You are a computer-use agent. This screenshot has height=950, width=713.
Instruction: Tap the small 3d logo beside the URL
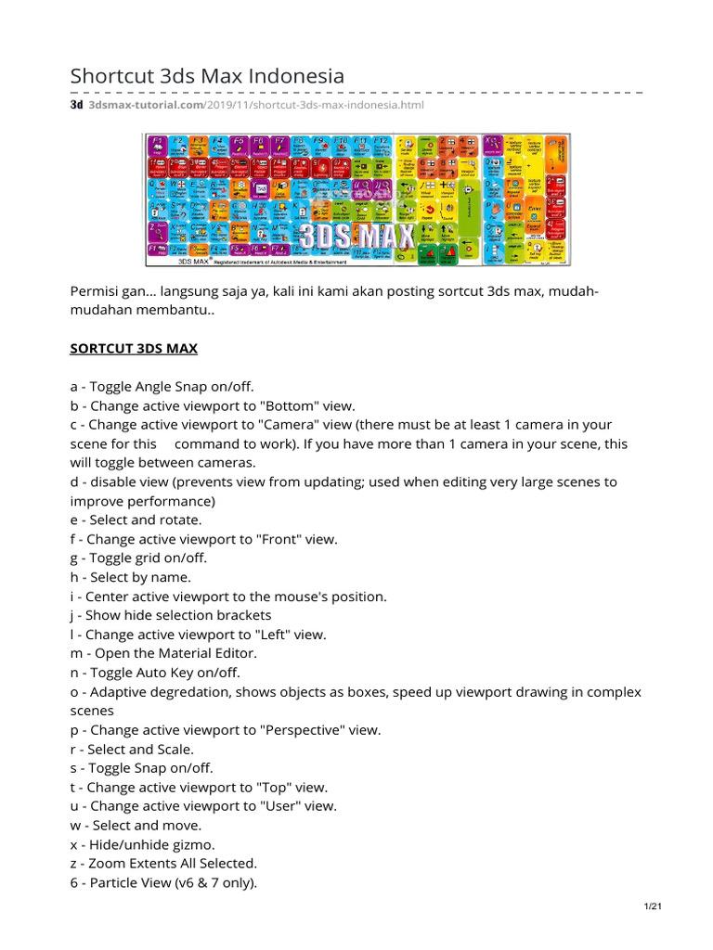[x=77, y=106]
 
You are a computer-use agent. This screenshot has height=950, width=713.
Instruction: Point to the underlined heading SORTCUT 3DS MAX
[x=135, y=349]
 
